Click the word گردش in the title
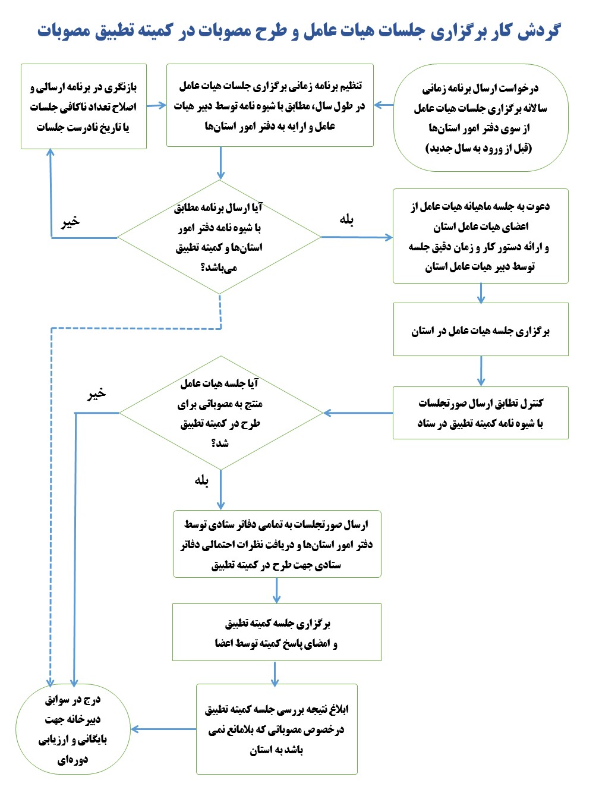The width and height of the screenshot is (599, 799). [x=538, y=31]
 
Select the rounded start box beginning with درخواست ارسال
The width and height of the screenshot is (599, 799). [x=480, y=118]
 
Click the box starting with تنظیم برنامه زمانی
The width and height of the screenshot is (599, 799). [x=270, y=105]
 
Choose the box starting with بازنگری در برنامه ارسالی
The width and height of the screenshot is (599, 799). [x=83, y=107]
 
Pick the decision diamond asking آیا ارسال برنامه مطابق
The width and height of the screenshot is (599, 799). [x=219, y=237]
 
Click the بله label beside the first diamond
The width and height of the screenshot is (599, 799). [x=346, y=220]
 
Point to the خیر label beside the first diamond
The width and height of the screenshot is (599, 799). [x=70, y=222]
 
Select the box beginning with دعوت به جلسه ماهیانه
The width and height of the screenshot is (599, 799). [x=480, y=236]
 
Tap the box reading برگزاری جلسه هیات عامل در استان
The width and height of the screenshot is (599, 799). [x=480, y=330]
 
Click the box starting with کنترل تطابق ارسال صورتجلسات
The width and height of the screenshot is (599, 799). [x=480, y=413]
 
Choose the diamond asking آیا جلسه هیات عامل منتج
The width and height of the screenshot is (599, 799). [x=220, y=413]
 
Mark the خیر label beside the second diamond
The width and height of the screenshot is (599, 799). [x=96, y=394]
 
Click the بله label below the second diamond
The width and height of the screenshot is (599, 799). [x=201, y=480]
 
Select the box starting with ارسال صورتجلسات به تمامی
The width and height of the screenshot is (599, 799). [x=276, y=544]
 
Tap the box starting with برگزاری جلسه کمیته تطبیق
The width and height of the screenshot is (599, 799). [x=276, y=633]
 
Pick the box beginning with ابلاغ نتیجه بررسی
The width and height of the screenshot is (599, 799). [x=276, y=729]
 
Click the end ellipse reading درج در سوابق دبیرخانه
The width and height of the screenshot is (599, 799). [x=72, y=729]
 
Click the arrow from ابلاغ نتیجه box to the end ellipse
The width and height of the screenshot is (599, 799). [x=163, y=729]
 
